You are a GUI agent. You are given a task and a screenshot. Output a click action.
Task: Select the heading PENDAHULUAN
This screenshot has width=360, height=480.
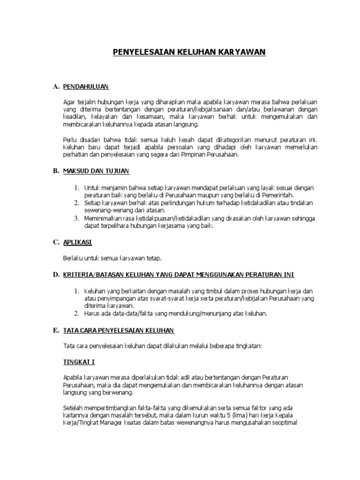click(x=86, y=87)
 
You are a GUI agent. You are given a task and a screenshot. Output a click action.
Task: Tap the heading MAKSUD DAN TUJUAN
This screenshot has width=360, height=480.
click(x=96, y=171)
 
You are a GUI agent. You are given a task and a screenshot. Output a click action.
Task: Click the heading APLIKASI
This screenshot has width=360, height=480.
click(x=77, y=242)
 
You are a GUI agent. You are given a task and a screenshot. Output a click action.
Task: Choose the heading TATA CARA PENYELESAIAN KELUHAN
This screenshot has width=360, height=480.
click(x=118, y=330)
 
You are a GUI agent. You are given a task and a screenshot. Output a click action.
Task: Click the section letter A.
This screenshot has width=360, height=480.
click(x=56, y=87)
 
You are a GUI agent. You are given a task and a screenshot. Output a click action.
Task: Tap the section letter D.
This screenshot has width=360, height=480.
click(x=56, y=275)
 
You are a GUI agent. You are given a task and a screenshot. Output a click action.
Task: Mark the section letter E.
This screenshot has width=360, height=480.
click(x=56, y=330)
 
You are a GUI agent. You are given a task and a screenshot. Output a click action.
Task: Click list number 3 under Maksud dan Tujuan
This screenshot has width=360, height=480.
click(x=77, y=218)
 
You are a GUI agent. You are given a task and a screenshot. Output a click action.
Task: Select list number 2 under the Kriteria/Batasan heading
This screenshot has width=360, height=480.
click(x=77, y=314)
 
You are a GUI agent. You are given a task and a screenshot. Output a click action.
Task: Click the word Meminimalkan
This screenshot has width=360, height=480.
click(x=105, y=218)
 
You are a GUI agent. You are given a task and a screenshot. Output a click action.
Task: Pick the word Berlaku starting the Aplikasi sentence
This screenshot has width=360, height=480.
click(x=73, y=258)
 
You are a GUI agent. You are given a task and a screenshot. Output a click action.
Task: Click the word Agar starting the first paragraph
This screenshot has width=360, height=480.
click(x=68, y=102)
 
